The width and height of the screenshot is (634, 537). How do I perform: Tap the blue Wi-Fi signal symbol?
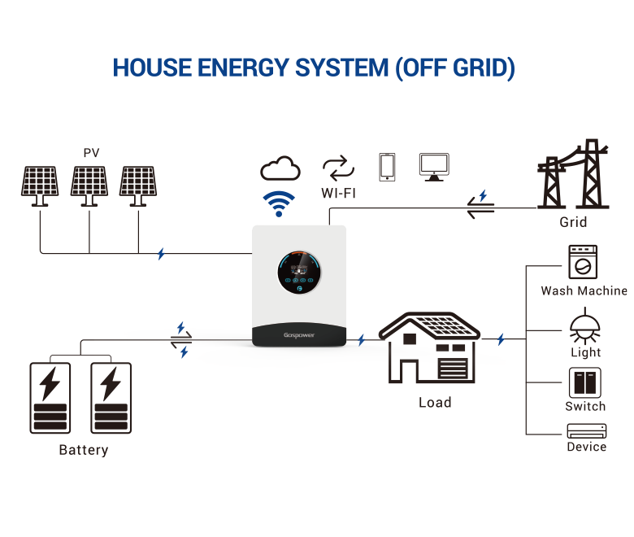point(280,203)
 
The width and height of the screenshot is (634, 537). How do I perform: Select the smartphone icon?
point(387,167)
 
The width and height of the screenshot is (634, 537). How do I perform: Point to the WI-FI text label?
point(339,194)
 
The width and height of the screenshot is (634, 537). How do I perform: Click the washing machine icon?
point(583,263)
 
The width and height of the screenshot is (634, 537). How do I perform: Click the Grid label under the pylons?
point(573,222)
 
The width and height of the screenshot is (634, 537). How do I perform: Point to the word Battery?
point(84,450)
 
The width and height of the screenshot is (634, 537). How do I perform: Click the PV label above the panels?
point(91,152)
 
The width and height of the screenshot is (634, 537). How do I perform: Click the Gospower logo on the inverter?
point(298,334)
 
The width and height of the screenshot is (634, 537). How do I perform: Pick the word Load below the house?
point(435,402)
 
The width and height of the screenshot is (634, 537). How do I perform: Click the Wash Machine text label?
point(584,290)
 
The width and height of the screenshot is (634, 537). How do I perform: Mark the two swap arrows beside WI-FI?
point(339,168)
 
